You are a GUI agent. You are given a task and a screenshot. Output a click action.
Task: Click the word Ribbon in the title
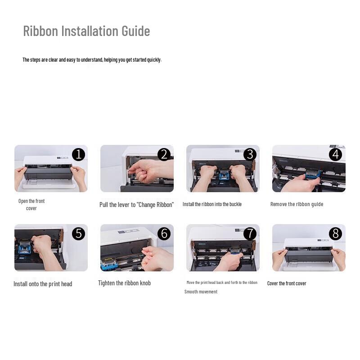(40, 31)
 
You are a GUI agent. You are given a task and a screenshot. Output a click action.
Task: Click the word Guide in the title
(135, 31)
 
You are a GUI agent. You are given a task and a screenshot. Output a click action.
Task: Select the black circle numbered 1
(78, 154)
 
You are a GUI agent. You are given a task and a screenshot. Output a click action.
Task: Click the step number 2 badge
(164, 154)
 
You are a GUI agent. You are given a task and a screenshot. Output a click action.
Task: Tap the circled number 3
(250, 154)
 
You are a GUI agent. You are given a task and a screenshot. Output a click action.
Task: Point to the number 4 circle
(335, 154)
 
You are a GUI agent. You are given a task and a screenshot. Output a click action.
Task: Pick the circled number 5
(78, 234)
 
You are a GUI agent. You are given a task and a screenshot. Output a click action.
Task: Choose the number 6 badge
(164, 234)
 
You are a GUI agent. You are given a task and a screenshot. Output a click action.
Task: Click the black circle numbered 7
(250, 234)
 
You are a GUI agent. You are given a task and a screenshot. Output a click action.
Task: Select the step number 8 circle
(335, 234)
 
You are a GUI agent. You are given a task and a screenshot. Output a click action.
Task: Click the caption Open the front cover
(31, 205)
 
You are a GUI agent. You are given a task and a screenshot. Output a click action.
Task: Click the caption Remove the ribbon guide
(297, 204)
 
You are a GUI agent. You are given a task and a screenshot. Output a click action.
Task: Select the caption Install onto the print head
(43, 284)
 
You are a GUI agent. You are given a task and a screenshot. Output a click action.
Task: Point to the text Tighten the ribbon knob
(124, 283)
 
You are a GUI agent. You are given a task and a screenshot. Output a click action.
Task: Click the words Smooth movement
(201, 292)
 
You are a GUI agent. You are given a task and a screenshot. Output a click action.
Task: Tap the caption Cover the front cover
(287, 283)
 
